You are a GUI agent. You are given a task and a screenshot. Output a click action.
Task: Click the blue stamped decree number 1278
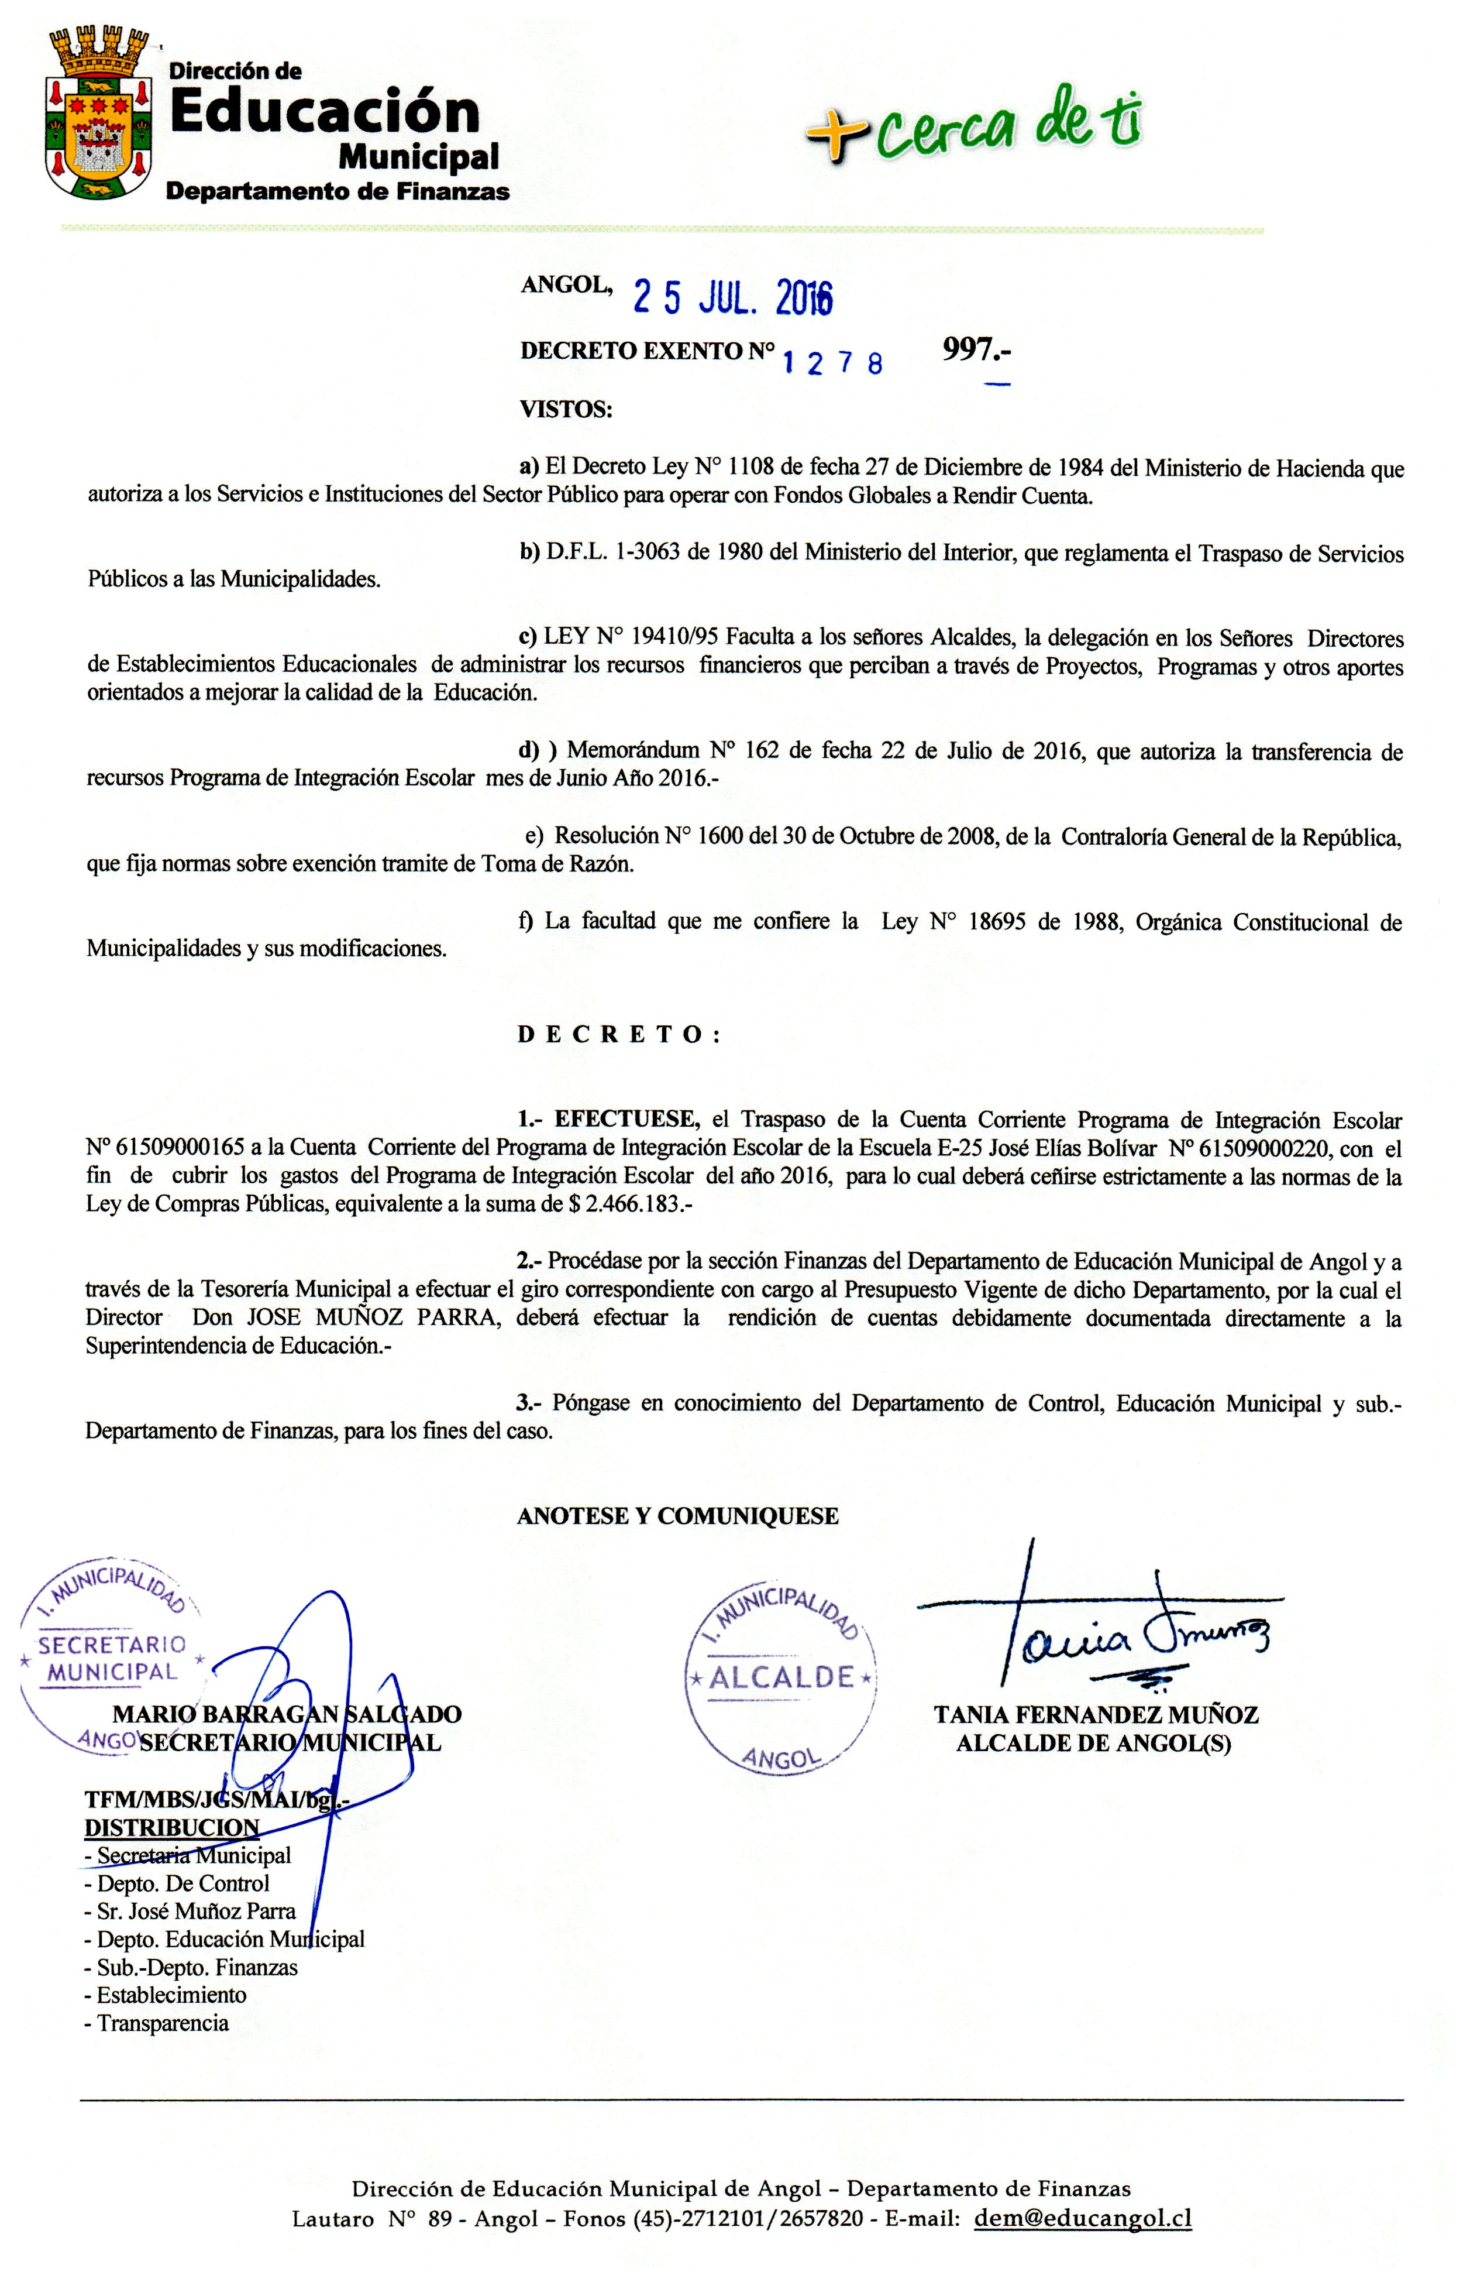click(832, 363)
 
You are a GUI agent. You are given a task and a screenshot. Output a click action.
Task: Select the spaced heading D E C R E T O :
click(619, 1034)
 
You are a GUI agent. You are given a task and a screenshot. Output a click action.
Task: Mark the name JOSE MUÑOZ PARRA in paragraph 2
click(373, 1317)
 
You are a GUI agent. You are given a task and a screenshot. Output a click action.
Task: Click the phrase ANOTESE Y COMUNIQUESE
click(677, 1516)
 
